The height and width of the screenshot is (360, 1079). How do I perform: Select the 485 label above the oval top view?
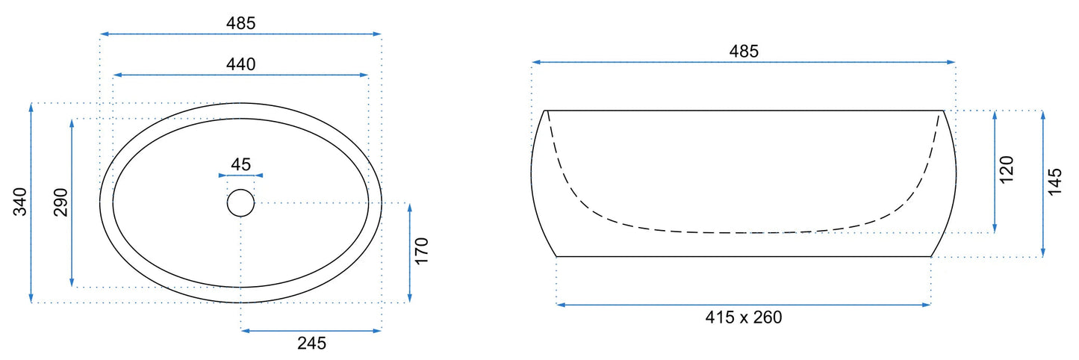click(241, 22)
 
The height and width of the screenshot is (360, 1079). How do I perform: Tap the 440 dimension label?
click(241, 64)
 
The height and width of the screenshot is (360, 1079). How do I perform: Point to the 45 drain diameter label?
click(241, 164)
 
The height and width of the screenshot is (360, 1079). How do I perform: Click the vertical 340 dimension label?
click(19, 202)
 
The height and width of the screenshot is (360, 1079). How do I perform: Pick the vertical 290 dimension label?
click(60, 202)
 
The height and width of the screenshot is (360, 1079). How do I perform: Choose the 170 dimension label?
click(421, 251)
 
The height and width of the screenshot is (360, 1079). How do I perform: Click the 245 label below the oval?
click(311, 343)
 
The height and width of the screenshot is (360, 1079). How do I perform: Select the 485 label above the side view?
click(744, 51)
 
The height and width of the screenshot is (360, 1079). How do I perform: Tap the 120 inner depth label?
click(1007, 169)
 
